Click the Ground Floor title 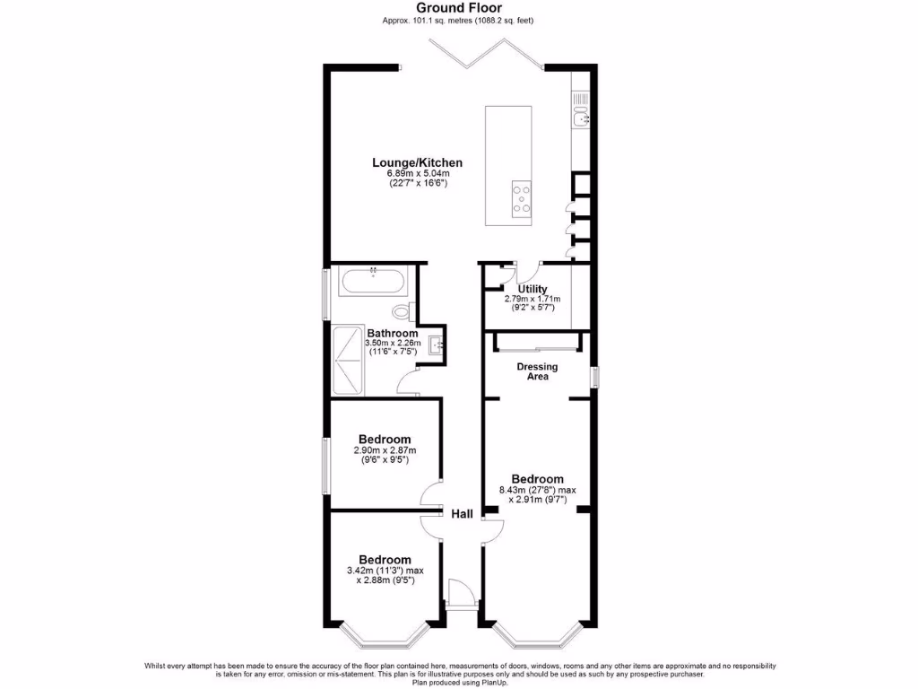(x=458, y=8)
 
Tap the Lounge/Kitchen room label (x=418, y=162)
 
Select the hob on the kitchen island (x=519, y=199)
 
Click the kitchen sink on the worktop (x=581, y=117)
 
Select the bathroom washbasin (x=437, y=344)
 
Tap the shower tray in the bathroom (x=350, y=360)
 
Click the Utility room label (x=533, y=289)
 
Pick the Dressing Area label (x=537, y=371)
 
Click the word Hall (x=462, y=514)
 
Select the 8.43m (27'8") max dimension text (x=536, y=490)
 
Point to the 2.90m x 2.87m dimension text (x=385, y=450)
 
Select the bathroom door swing (x=408, y=386)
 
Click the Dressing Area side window (x=593, y=377)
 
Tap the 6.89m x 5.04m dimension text (x=418, y=173)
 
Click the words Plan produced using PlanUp (x=460, y=682)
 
